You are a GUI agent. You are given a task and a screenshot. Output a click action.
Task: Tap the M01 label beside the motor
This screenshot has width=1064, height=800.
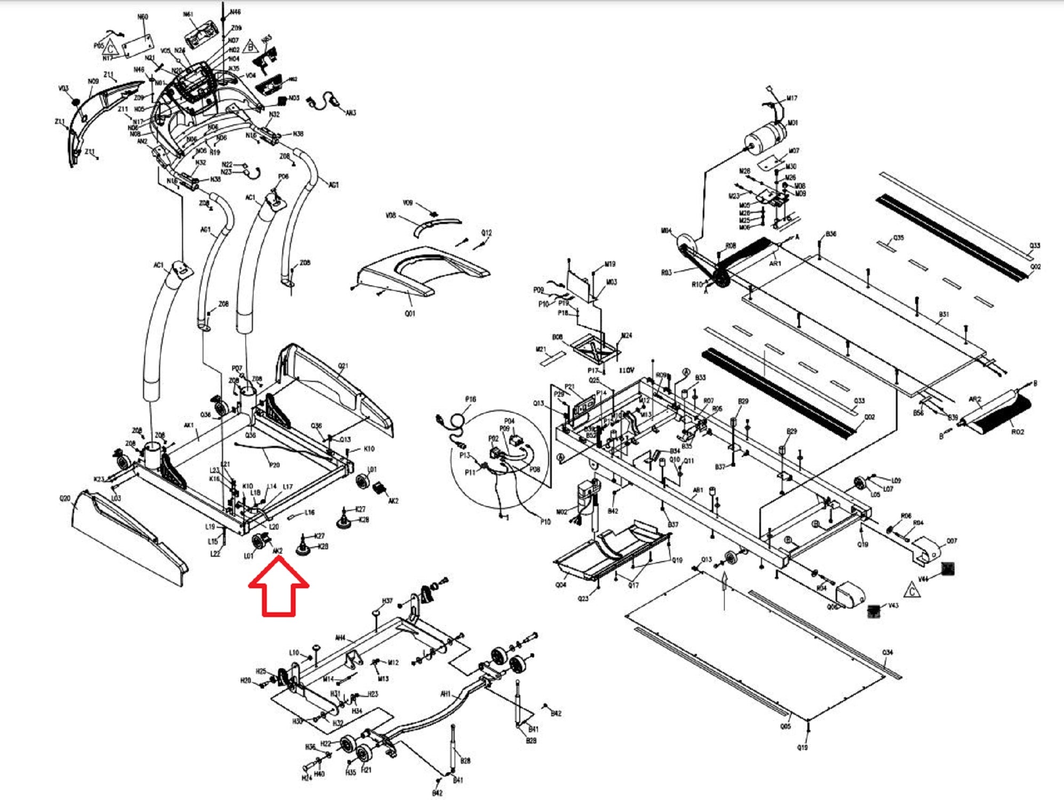tap(792, 123)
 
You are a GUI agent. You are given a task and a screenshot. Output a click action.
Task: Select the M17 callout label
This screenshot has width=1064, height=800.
tap(792, 99)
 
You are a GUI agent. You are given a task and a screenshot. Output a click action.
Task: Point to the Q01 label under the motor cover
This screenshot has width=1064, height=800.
tap(409, 314)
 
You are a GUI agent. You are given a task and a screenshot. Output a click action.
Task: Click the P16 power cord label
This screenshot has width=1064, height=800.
tap(470, 399)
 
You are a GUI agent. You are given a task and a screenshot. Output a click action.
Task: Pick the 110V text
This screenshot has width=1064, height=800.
tap(626, 370)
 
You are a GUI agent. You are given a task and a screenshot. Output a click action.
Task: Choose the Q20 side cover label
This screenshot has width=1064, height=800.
tap(65, 499)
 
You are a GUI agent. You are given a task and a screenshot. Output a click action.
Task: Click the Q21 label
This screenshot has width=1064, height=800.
tap(343, 366)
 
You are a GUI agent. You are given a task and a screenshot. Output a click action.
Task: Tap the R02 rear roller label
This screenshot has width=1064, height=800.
tap(1017, 432)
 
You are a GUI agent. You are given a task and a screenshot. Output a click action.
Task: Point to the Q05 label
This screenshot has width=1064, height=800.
tap(785, 726)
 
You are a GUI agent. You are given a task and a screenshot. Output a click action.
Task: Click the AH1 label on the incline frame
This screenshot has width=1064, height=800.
tap(446, 694)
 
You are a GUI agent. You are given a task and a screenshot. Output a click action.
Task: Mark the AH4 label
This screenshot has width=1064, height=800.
tap(340, 637)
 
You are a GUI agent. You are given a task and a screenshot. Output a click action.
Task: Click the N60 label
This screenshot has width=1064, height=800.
tap(142, 17)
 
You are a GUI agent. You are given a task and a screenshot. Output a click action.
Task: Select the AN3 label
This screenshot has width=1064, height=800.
tap(351, 113)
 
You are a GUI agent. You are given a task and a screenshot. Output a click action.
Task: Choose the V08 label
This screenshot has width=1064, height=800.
tap(391, 216)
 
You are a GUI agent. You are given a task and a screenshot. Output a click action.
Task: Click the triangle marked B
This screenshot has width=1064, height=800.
tap(250, 46)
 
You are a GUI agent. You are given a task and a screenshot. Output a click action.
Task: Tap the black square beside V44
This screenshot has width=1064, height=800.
tap(947, 569)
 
